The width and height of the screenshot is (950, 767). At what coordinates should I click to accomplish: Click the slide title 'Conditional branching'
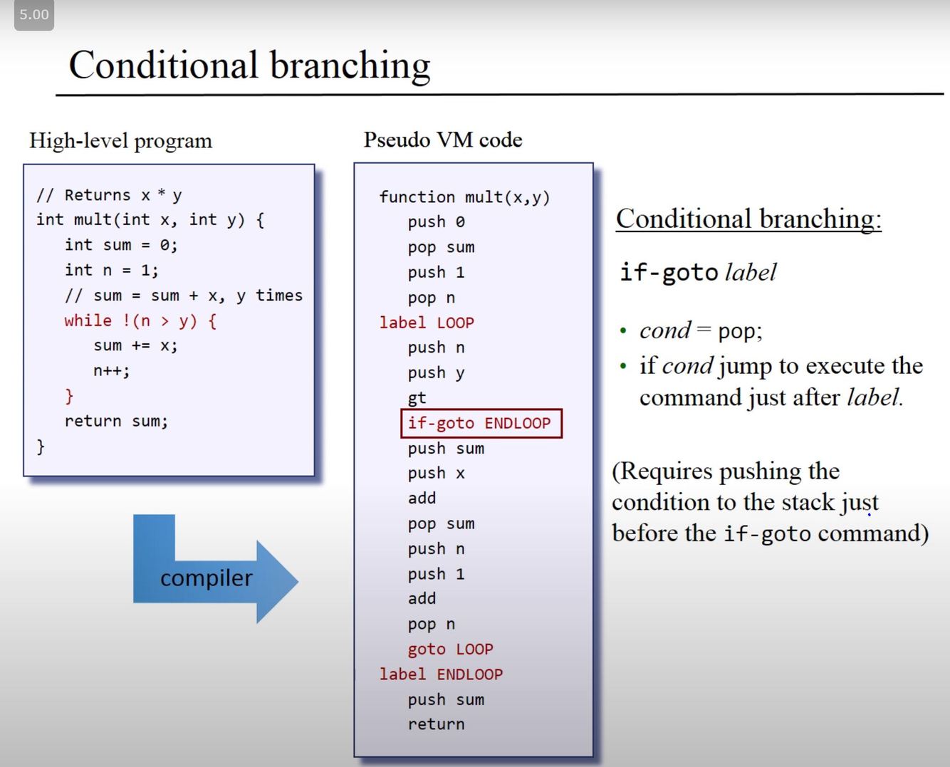pyautogui.click(x=249, y=66)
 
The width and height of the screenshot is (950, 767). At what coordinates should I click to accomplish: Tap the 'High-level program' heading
pyautogui.click(x=120, y=140)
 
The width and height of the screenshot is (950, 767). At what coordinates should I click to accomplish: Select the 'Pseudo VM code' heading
pyautogui.click(x=442, y=140)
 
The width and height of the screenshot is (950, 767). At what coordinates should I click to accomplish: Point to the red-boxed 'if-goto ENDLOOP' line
pyautogui.click(x=481, y=423)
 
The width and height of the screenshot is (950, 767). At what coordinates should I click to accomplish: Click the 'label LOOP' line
pyautogui.click(x=426, y=323)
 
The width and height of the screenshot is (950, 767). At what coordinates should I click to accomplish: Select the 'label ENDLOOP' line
pyautogui.click(x=440, y=674)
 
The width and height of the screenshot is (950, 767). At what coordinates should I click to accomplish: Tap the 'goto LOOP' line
pyautogui.click(x=450, y=649)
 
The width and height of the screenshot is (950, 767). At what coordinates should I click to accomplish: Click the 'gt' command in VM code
pyautogui.click(x=417, y=398)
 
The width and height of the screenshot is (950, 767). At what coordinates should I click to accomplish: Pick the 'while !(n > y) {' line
pyautogui.click(x=140, y=320)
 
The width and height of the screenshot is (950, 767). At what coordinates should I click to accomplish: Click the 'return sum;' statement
pyautogui.click(x=116, y=421)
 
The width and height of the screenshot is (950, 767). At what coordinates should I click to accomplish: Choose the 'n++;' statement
pyautogui.click(x=111, y=370)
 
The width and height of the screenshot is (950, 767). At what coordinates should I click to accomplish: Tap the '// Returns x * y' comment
pyautogui.click(x=109, y=195)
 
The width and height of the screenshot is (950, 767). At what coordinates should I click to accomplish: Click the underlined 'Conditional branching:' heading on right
pyautogui.click(x=748, y=219)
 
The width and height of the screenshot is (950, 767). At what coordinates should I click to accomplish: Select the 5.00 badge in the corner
pyautogui.click(x=34, y=15)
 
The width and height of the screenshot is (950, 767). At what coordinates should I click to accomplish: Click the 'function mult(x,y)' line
pyautogui.click(x=464, y=197)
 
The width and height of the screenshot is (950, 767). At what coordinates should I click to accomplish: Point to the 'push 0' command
pyautogui.click(x=436, y=222)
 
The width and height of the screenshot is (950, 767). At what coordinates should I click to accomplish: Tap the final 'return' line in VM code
pyautogui.click(x=436, y=724)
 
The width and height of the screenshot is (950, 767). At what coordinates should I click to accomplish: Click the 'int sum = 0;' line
pyautogui.click(x=121, y=245)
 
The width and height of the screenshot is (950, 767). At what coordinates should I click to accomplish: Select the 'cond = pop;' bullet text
pyautogui.click(x=701, y=330)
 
